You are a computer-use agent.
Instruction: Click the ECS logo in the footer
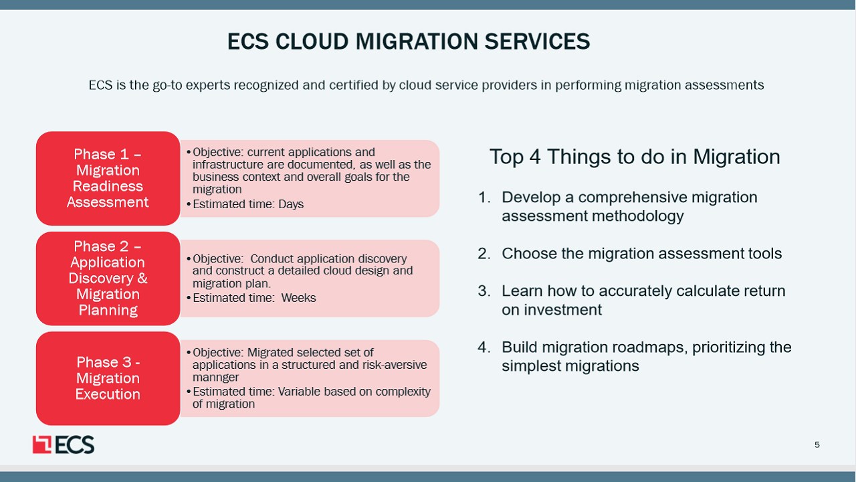(64, 445)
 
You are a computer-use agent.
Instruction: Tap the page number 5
(817, 445)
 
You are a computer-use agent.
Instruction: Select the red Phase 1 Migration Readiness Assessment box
(108, 178)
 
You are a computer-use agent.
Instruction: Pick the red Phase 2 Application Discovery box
(108, 278)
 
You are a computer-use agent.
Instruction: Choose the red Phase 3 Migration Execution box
(108, 378)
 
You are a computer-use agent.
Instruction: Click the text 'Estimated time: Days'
(248, 204)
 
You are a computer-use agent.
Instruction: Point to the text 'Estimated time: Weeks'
(254, 298)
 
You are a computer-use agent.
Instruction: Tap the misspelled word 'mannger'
(215, 378)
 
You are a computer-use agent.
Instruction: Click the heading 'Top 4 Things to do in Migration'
(635, 157)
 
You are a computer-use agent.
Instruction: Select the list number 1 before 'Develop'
(484, 197)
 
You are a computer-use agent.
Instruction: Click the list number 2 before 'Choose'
(484, 254)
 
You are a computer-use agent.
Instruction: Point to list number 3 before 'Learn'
(484, 291)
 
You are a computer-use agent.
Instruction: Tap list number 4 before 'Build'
(484, 347)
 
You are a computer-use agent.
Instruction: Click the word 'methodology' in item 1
(638, 216)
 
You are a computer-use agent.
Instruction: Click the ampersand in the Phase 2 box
(142, 278)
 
